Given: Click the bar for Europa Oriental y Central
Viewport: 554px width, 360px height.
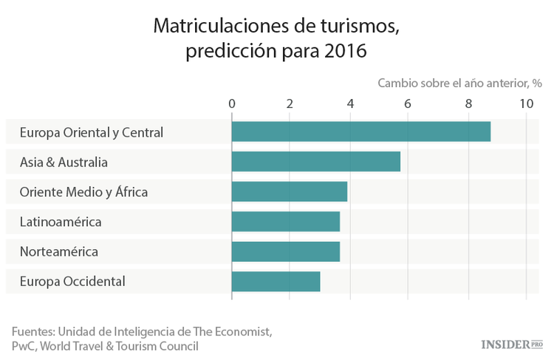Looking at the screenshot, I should [x=360, y=132].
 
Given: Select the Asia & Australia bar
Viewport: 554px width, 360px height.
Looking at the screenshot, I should [x=315, y=162].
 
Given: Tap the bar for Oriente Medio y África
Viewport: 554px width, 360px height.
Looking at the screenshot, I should [x=289, y=191].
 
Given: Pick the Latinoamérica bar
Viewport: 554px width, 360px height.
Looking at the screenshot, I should [x=285, y=222].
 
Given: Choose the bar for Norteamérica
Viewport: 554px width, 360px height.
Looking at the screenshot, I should [x=285, y=251].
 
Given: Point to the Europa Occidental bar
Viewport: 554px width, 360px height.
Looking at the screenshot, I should [x=276, y=282].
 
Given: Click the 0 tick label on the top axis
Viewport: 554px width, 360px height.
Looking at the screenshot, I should [x=232, y=104].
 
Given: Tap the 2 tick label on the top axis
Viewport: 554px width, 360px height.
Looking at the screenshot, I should [x=290, y=104].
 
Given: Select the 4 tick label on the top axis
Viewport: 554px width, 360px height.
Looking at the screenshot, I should [x=349, y=104].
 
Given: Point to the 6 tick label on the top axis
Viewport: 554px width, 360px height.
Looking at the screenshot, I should [x=408, y=104].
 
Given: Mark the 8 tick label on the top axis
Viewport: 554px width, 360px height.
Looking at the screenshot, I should [x=468, y=104].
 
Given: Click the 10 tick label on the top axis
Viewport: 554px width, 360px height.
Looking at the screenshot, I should [x=526, y=104].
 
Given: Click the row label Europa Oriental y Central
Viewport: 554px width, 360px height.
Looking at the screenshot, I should [x=92, y=133].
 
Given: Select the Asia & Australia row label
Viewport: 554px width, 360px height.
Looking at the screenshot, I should [x=64, y=163].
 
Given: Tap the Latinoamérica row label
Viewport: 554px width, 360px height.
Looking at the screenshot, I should [x=61, y=222].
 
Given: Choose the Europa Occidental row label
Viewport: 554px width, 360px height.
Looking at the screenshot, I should [x=72, y=282].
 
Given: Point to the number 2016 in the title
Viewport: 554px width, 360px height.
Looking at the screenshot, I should [x=346, y=52].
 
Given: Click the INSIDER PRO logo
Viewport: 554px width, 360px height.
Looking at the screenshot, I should [x=511, y=344].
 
